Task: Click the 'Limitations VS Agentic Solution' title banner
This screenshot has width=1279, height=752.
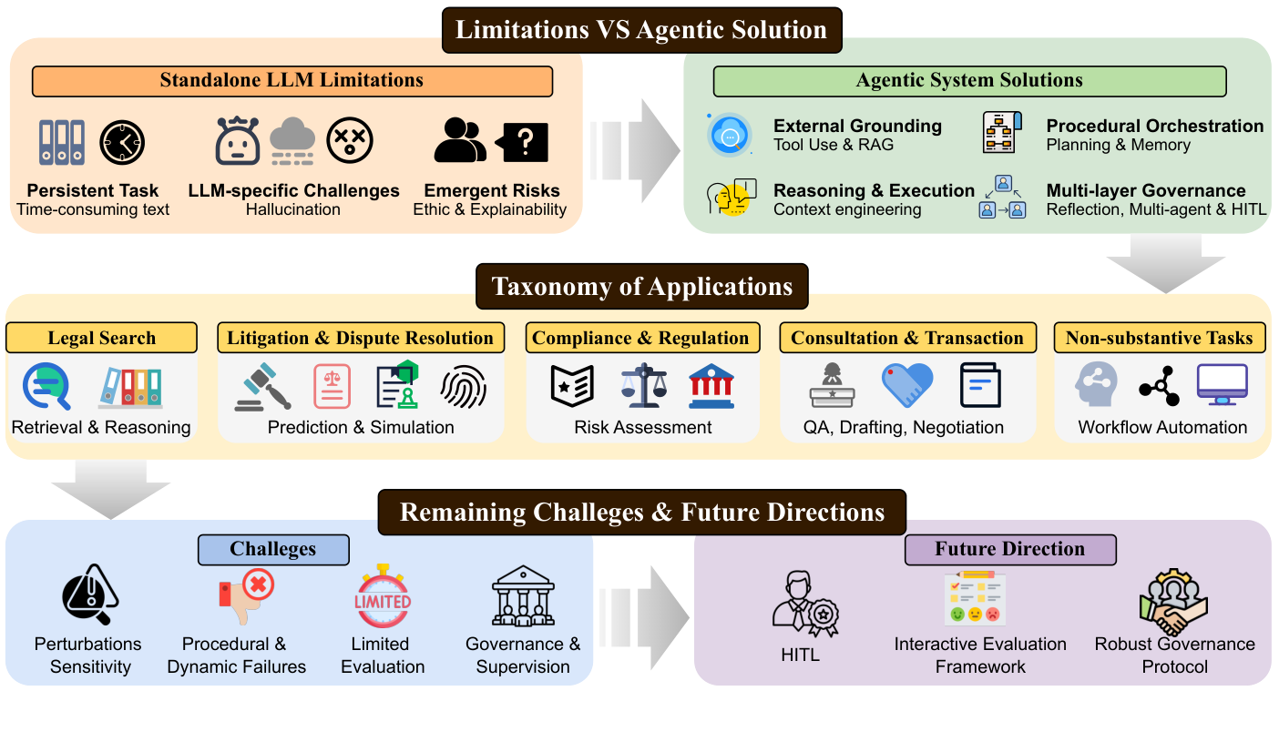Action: click(642, 30)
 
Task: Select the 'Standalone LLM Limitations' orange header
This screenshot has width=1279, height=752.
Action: click(292, 81)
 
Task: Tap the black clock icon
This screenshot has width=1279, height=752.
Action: click(122, 142)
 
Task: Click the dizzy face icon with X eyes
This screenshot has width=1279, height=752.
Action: click(350, 140)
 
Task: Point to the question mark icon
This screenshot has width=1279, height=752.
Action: click(523, 141)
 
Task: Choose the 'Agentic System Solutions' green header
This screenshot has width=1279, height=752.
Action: click(969, 81)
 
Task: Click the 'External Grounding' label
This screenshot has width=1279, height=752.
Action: click(857, 126)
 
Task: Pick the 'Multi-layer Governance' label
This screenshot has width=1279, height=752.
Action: click(1145, 190)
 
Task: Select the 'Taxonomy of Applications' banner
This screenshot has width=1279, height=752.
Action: click(642, 287)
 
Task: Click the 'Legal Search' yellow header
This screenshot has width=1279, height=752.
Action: click(102, 338)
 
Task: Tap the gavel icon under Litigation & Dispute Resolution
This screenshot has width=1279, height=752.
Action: click(262, 387)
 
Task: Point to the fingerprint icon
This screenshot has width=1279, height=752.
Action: click(464, 387)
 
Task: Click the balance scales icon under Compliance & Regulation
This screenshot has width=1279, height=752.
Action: click(644, 385)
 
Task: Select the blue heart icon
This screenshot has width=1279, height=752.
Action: click(907, 385)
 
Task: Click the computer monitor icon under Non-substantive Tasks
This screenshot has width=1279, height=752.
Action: click(1222, 384)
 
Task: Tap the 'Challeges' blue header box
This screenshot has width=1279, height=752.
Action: click(273, 550)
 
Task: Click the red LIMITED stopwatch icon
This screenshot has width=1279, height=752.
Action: click(383, 595)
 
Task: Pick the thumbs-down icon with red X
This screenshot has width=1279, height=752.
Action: click(246, 596)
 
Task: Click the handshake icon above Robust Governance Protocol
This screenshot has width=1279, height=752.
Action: click(1173, 602)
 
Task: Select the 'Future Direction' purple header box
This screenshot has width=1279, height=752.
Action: click(1010, 550)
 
